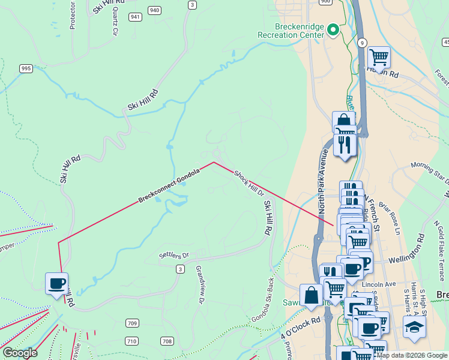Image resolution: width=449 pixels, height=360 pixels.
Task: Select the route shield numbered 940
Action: click(x=154, y=10)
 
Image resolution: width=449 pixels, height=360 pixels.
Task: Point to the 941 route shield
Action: click(x=135, y=17)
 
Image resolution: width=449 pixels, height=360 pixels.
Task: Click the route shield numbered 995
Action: click(x=26, y=69)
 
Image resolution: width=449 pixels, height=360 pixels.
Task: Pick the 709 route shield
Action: click(x=132, y=323)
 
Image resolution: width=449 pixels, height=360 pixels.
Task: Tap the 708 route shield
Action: click(x=167, y=341)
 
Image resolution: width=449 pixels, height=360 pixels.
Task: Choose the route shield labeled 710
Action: click(x=131, y=341)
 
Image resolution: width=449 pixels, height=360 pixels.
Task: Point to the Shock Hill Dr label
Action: click(x=249, y=183)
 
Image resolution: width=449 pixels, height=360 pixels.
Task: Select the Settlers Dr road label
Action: click(x=173, y=255)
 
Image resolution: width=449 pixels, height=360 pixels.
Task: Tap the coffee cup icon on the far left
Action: click(x=57, y=283)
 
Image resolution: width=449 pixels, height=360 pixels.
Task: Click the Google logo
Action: click(x=20, y=353)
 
